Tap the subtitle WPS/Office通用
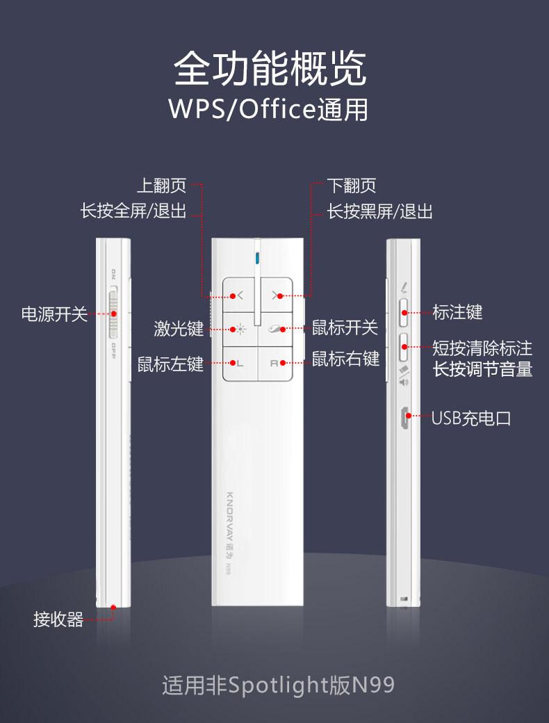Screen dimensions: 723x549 tap(268, 110)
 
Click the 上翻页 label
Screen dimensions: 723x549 tap(161, 186)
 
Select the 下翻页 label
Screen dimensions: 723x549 tap(352, 186)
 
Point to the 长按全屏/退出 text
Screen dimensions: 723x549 tap(133, 211)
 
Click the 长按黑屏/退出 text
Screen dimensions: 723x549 tap(380, 211)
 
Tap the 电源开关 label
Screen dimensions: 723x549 tap(54, 314)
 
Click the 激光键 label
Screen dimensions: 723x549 tap(179, 328)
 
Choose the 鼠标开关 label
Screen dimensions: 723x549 tap(345, 327)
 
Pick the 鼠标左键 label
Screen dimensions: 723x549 tap(170, 363)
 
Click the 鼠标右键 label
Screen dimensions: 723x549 tap(346, 359)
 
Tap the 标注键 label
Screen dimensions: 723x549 tap(457, 312)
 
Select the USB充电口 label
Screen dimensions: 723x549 tap(471, 418)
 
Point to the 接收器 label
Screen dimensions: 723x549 tap(58, 619)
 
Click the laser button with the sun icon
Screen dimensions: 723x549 tap(240, 329)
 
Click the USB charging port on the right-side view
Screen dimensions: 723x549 tap(403, 419)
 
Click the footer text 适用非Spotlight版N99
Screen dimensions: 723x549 tap(278, 685)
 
